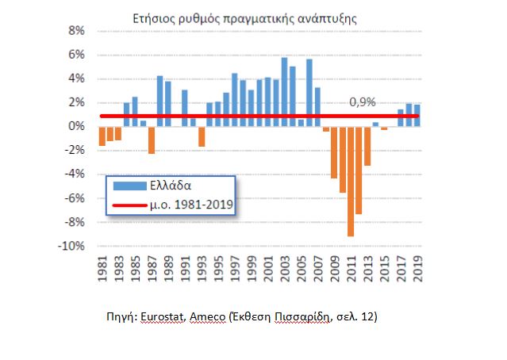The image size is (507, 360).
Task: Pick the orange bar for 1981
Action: tap(102, 136)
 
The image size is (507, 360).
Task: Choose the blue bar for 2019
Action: tap(417, 115)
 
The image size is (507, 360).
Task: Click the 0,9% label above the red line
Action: tap(362, 101)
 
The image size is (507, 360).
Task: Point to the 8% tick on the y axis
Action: tap(76, 31)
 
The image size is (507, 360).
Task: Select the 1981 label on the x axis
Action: tap(102, 268)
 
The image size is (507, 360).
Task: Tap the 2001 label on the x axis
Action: tap(268, 268)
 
